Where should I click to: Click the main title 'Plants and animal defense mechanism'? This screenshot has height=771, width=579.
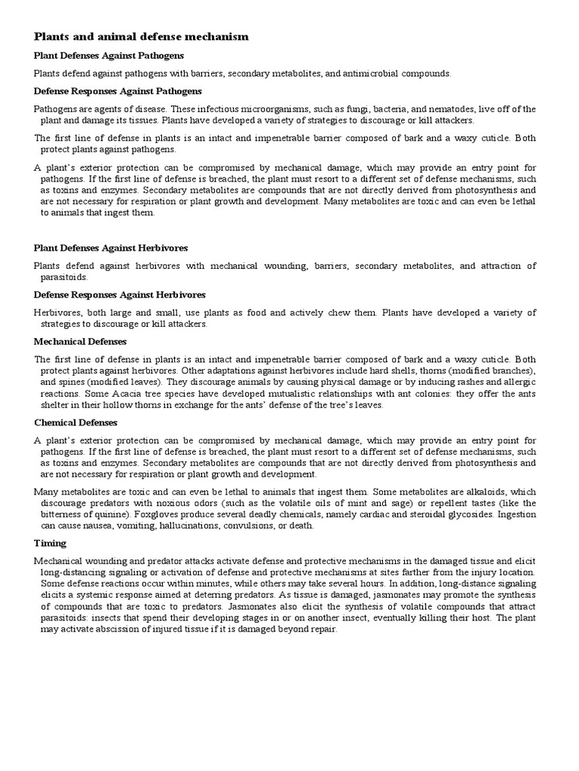(x=141, y=36)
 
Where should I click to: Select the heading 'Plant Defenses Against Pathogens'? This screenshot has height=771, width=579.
(x=109, y=56)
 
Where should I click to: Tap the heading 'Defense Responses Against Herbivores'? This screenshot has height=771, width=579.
(x=120, y=294)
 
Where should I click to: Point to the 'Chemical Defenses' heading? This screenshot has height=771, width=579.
(x=76, y=422)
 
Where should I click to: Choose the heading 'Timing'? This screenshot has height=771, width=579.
(x=51, y=543)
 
